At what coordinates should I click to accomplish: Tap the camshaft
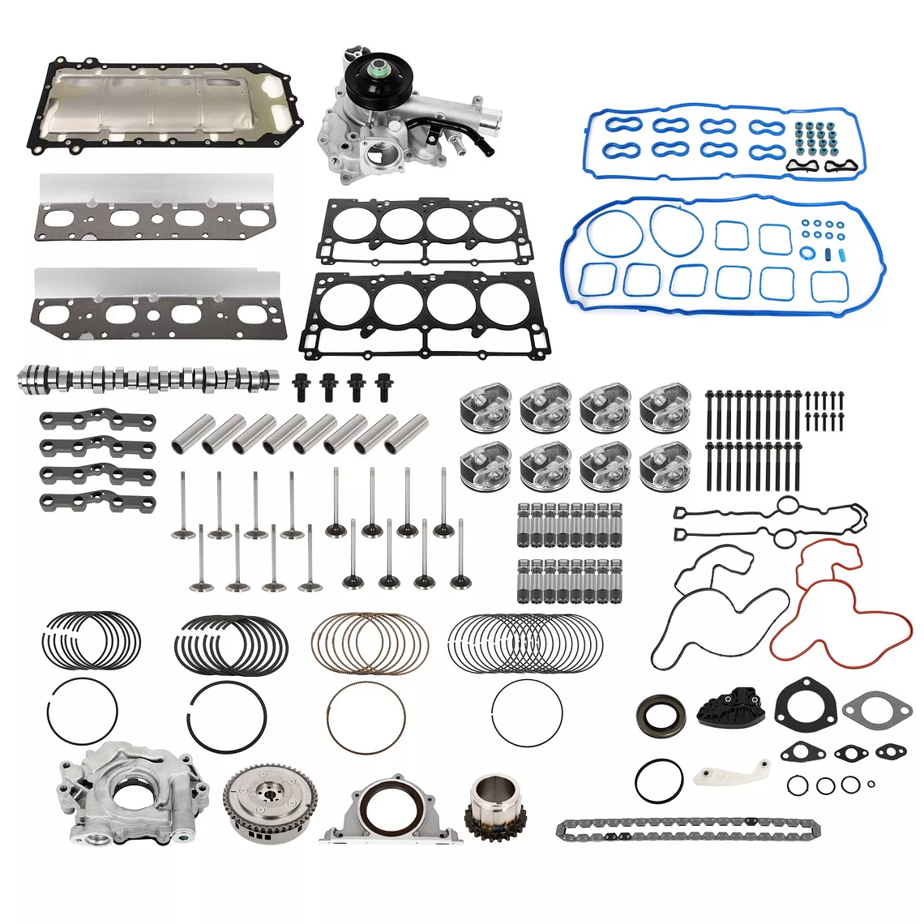[x=146, y=378]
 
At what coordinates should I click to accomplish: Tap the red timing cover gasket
[x=843, y=600]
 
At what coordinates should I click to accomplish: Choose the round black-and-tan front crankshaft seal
[x=660, y=715]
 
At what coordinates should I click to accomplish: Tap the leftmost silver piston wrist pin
[x=186, y=436]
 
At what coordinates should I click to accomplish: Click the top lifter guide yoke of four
[x=97, y=420]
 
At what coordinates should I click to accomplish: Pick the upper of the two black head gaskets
[x=425, y=230]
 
